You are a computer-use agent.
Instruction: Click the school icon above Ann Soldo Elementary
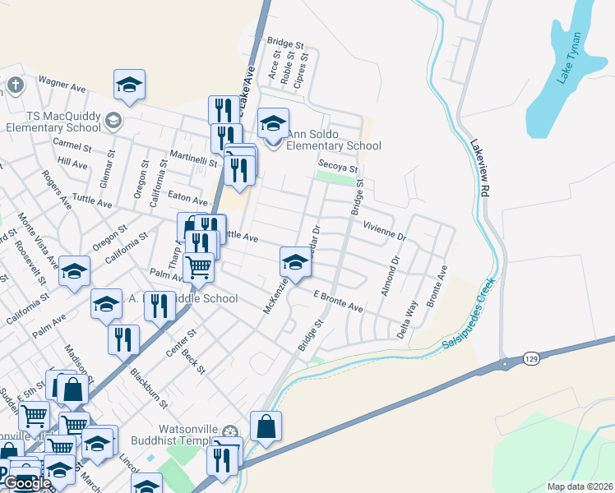click(x=273, y=123)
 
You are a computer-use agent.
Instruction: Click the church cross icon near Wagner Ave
click(x=16, y=85)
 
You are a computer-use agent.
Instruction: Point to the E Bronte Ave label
click(x=338, y=300)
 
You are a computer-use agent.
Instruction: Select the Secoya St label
click(x=339, y=166)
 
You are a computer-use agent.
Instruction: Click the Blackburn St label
click(x=148, y=386)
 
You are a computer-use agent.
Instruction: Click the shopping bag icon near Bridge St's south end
click(x=266, y=426)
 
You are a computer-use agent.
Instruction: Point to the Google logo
click(x=26, y=482)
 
